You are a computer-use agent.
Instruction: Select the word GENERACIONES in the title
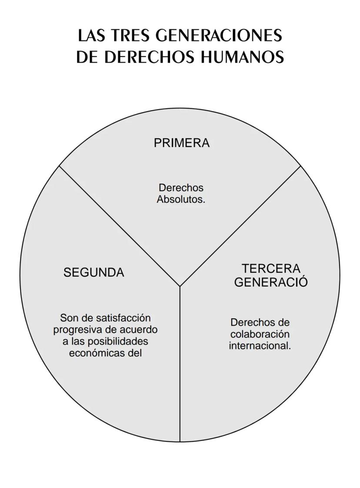click(x=219, y=36)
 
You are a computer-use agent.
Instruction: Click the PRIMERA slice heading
click(x=182, y=143)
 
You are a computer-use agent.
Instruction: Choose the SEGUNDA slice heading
click(x=93, y=272)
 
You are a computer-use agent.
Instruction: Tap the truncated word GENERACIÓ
click(x=271, y=282)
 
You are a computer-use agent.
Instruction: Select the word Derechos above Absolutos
click(x=181, y=187)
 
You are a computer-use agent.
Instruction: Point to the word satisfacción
click(x=123, y=318)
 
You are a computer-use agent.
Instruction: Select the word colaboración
click(x=260, y=334)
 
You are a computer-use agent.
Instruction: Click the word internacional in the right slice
click(x=258, y=346)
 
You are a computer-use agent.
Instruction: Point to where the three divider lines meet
click(x=180, y=286)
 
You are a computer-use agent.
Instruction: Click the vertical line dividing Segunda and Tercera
click(x=180, y=364)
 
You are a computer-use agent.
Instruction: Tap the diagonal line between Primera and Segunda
click(x=120, y=226)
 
